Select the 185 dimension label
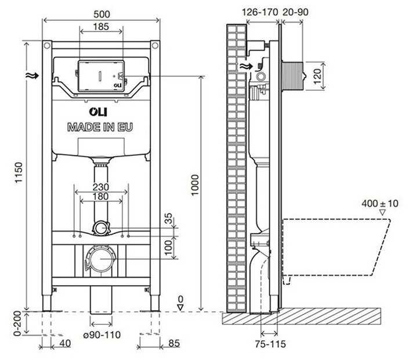[100, 27]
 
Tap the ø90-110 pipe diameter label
[101, 335]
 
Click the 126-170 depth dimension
[259, 11]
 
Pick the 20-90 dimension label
[294, 11]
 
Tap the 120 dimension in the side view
[317, 76]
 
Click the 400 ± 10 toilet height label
[380, 203]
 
